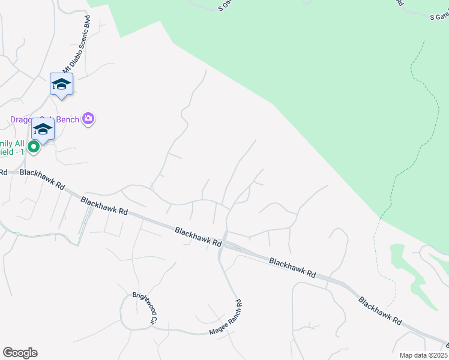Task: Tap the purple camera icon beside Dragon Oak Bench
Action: tap(89, 119)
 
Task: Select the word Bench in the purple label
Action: tap(68, 119)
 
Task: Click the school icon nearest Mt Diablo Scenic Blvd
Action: tap(61, 84)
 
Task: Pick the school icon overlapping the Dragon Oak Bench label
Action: tap(43, 129)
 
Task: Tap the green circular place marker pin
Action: tap(34, 146)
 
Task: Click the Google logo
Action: tap(20, 353)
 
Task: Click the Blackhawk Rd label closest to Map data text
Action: tap(380, 310)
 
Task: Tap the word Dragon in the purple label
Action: tap(23, 119)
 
